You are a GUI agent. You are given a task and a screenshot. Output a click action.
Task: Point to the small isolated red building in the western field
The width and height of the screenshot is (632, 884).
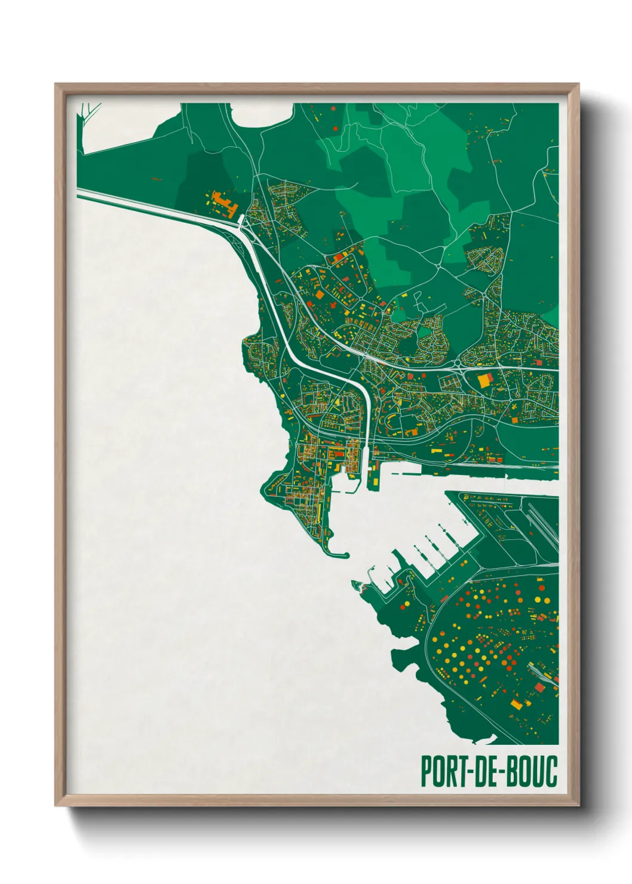[x=157, y=179]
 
